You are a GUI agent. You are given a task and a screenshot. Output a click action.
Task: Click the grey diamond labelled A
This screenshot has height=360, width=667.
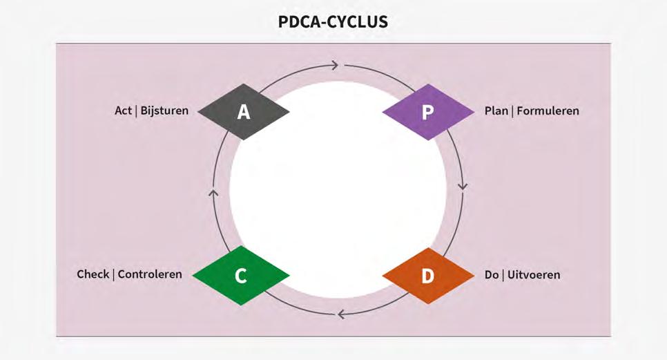pyautogui.click(x=244, y=112)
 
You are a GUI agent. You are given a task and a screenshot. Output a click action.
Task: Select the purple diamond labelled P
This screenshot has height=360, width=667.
pyautogui.click(x=427, y=112)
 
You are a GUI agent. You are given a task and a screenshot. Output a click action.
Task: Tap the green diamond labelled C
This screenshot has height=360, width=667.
pyautogui.click(x=240, y=275)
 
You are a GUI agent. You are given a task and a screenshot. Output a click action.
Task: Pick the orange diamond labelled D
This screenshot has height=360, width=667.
pyautogui.click(x=427, y=275)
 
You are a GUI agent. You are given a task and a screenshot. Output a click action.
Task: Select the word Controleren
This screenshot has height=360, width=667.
pyautogui.click(x=150, y=274)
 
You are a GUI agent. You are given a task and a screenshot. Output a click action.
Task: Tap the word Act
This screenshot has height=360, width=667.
pyautogui.click(x=123, y=111)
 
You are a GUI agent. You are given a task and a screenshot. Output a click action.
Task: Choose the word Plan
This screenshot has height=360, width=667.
pyautogui.click(x=496, y=111)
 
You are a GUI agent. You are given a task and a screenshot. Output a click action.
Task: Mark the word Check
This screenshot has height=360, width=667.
pyautogui.click(x=93, y=274)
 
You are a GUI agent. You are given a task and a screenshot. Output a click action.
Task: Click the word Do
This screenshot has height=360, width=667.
pyautogui.click(x=492, y=275)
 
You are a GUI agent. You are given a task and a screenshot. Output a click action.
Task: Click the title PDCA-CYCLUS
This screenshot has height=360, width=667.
pyautogui.click(x=333, y=22)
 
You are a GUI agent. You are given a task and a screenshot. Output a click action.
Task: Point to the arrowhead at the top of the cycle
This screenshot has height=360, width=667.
pyautogui.click(x=335, y=66)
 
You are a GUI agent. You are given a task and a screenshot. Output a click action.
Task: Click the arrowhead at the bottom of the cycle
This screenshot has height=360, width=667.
pyautogui.click(x=340, y=315)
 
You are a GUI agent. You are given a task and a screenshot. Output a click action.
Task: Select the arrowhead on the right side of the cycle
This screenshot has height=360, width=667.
pyautogui.click(x=463, y=187)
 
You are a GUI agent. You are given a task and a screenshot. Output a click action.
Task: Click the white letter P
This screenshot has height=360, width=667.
pyautogui.click(x=427, y=113)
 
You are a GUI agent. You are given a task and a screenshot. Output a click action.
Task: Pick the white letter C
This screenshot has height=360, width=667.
pyautogui.click(x=240, y=276)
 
